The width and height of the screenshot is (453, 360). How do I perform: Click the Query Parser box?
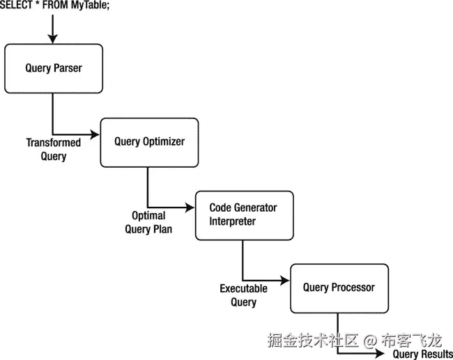tap(54, 68)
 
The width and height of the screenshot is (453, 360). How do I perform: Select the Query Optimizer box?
tap(149, 142)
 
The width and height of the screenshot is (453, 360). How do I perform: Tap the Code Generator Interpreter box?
tap(244, 215)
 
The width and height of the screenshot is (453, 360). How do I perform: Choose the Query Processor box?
tap(339, 288)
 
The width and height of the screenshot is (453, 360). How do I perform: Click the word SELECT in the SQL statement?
tap(15, 6)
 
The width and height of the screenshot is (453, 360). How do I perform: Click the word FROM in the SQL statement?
tap(56, 6)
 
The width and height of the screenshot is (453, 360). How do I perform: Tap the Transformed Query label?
tap(54, 150)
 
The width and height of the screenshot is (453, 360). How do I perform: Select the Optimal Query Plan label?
tap(148, 222)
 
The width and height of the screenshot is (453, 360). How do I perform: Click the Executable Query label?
tap(244, 295)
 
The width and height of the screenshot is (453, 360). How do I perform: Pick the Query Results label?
tap(423, 354)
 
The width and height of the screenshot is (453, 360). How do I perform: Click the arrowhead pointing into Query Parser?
tap(53, 39)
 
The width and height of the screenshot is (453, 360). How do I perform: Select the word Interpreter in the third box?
tap(233, 221)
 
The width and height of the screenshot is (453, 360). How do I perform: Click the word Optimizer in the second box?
tap(164, 142)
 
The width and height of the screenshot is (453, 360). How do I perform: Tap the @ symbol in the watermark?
tap(370, 341)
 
